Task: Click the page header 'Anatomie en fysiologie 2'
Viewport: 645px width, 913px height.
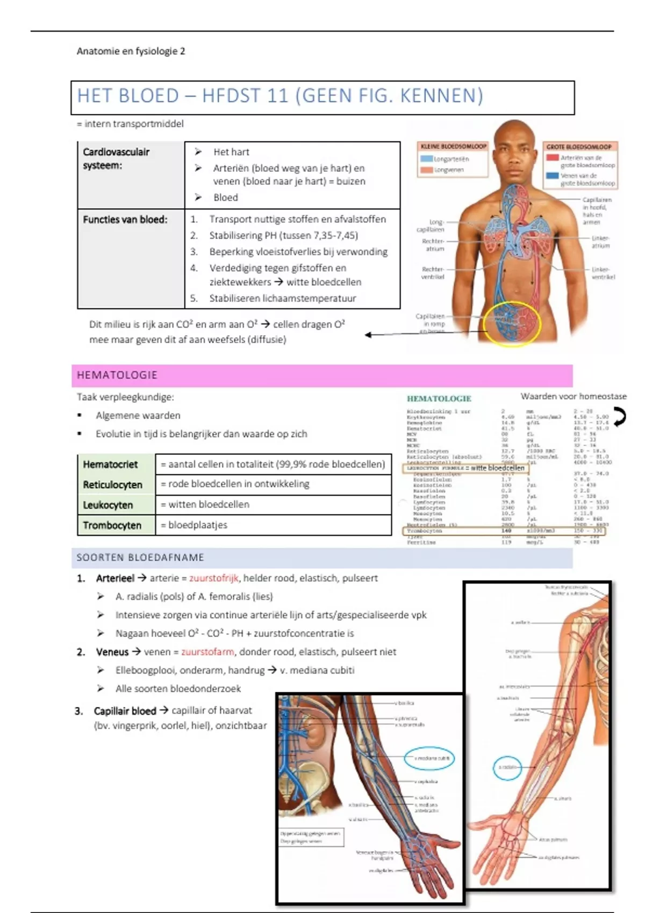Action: pos(131,52)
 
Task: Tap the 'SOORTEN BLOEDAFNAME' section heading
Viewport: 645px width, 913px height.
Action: pos(140,557)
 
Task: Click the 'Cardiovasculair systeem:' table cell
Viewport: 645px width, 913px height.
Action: pos(117,158)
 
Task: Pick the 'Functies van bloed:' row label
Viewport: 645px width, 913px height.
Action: pos(125,220)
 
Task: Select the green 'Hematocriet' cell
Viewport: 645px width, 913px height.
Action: pos(111,465)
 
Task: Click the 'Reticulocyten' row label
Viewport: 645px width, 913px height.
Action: pos(113,485)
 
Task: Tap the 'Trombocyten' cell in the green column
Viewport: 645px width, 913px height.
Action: pos(112,525)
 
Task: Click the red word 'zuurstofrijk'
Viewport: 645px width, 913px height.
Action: pos(213,578)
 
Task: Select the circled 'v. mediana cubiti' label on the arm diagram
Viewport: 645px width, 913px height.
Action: pos(431,758)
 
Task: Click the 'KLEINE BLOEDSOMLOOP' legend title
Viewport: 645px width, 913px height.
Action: pos(453,146)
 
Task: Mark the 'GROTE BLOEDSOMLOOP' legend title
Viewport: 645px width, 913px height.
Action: pos(579,147)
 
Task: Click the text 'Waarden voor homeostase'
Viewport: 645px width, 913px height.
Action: pos(574,396)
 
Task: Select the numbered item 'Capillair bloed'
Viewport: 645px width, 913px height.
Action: pos(125,711)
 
